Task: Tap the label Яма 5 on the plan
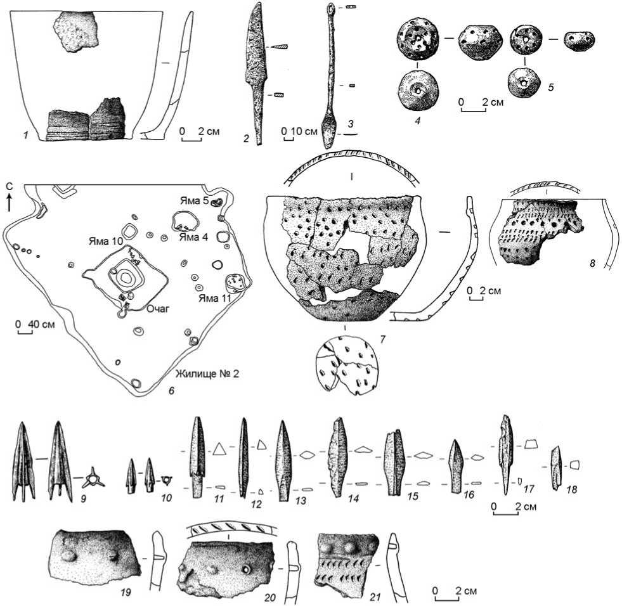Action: [x=195, y=201]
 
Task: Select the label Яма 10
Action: [x=105, y=241]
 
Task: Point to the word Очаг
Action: [x=158, y=308]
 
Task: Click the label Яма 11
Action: [x=214, y=298]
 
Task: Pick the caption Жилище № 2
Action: [x=207, y=373]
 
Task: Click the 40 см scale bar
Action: [x=25, y=332]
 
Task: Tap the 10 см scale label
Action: [x=304, y=131]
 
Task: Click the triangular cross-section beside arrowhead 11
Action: [x=219, y=449]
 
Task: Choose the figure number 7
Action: [x=383, y=339]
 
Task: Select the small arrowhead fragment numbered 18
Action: [x=557, y=468]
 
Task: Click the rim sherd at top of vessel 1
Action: [x=75, y=32]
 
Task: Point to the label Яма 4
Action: [x=193, y=237]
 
